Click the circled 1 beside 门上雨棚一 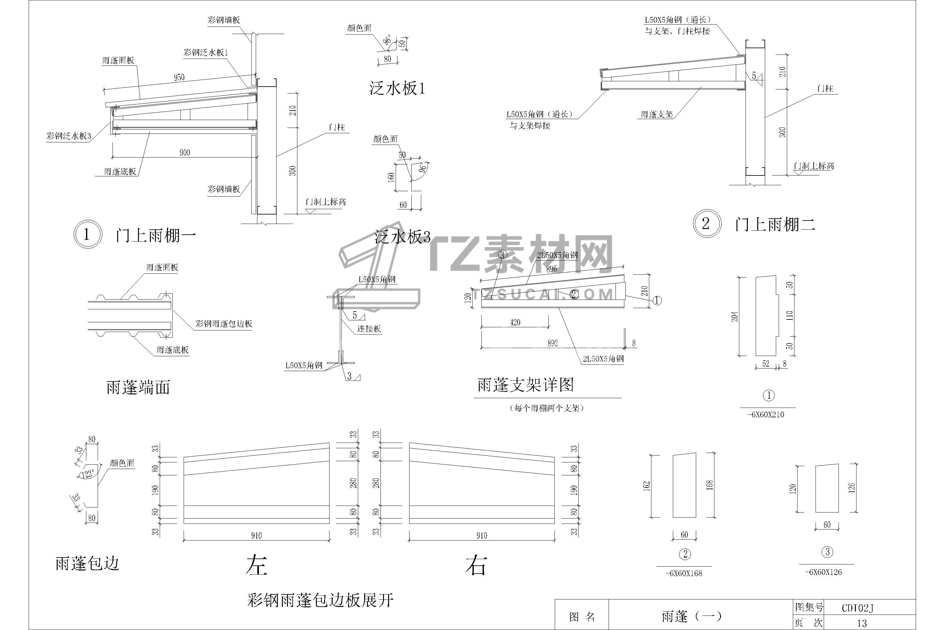[x=86, y=234]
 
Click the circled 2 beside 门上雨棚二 [x=706, y=223]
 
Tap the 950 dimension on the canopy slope [x=179, y=77]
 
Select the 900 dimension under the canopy [x=185, y=152]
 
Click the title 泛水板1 [x=397, y=89]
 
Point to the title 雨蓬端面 [x=138, y=387]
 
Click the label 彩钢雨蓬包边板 [x=224, y=324]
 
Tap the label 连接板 [x=369, y=329]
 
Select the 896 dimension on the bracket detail [x=551, y=269]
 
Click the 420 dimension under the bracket [x=515, y=322]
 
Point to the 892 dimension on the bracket [x=553, y=343]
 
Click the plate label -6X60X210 [x=768, y=415]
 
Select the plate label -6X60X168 [x=684, y=573]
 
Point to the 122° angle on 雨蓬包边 [x=88, y=474]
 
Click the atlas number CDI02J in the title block [x=857, y=608]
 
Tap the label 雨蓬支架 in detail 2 [x=657, y=115]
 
